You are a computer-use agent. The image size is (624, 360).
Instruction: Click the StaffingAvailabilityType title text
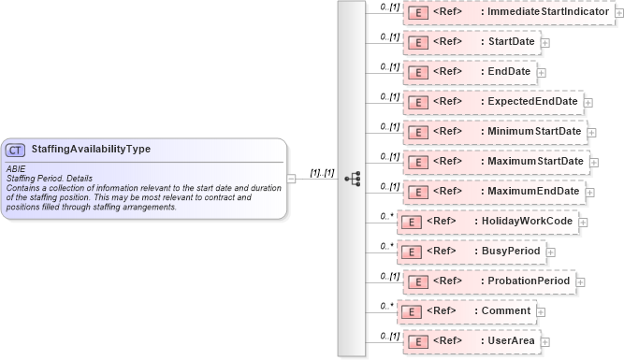pos(91,149)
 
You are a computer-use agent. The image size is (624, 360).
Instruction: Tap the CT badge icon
pos(16,150)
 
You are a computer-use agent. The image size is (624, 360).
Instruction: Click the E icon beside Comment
pos(412,311)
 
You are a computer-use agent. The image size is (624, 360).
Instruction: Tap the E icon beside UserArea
pos(419,341)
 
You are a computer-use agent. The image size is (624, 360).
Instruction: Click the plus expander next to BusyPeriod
pos(550,252)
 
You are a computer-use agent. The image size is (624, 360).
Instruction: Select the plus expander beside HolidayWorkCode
pos(584,222)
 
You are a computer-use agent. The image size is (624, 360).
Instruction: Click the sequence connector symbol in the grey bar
pos(352,178)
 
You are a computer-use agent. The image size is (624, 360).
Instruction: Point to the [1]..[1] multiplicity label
pos(322,172)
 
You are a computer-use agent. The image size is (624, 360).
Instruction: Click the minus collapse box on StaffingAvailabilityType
pos(292,178)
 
